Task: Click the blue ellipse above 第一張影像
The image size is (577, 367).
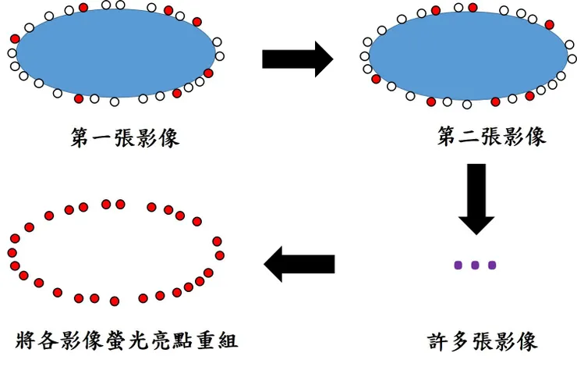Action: [115, 53]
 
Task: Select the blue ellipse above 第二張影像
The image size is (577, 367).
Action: [468, 56]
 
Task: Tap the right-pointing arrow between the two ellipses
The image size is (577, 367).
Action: [297, 59]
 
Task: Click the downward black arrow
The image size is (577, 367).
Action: [476, 198]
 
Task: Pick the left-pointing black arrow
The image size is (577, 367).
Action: [299, 265]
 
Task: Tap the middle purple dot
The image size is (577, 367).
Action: [475, 265]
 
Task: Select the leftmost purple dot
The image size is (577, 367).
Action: [458, 265]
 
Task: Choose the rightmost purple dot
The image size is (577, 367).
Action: [492, 265]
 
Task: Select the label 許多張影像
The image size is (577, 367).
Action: [483, 341]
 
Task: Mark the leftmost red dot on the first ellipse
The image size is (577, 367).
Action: [15, 38]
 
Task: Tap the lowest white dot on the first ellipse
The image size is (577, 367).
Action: [115, 102]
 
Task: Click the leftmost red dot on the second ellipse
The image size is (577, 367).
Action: [376, 79]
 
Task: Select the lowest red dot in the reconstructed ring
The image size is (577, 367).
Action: [115, 301]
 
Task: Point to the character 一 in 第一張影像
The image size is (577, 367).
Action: [97, 138]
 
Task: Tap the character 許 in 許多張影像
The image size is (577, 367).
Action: [438, 341]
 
